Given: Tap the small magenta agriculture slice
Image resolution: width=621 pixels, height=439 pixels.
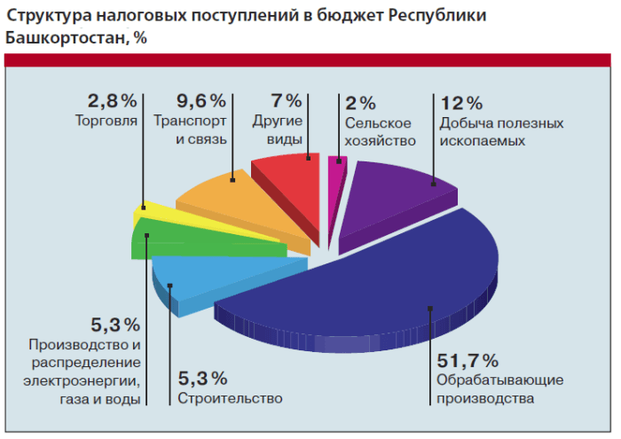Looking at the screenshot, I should click(x=334, y=172).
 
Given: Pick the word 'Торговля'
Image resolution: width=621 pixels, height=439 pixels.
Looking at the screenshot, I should click(x=106, y=122).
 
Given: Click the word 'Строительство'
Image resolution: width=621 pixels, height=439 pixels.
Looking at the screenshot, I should click(x=230, y=398).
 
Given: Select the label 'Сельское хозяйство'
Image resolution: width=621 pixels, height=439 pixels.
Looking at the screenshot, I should click(x=380, y=131).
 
